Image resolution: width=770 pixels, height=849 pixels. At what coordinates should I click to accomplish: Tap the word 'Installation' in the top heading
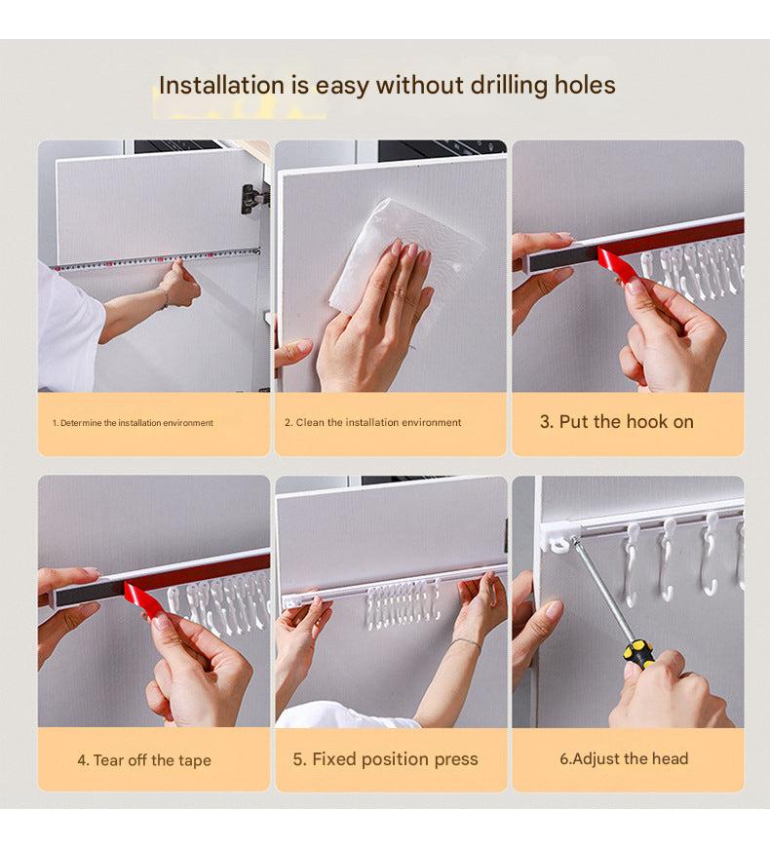click(x=221, y=85)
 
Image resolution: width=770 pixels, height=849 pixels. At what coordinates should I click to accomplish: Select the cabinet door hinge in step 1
click(x=253, y=198)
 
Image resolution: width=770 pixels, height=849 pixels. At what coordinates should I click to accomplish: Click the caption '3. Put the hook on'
click(x=617, y=422)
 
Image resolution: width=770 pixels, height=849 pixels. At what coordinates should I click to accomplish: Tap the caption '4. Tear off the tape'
click(x=144, y=760)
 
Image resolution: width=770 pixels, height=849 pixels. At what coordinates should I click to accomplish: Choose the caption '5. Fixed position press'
click(x=386, y=759)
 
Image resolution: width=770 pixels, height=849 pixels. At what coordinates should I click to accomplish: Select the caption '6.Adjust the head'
click(x=624, y=758)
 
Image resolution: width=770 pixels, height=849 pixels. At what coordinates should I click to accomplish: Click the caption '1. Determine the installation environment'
click(x=133, y=423)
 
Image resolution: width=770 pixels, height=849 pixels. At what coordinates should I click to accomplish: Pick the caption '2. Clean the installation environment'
click(x=373, y=422)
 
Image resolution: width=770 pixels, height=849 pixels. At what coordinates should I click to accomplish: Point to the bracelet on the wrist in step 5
click(x=465, y=642)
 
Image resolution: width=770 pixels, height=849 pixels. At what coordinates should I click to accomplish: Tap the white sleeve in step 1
click(x=69, y=325)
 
